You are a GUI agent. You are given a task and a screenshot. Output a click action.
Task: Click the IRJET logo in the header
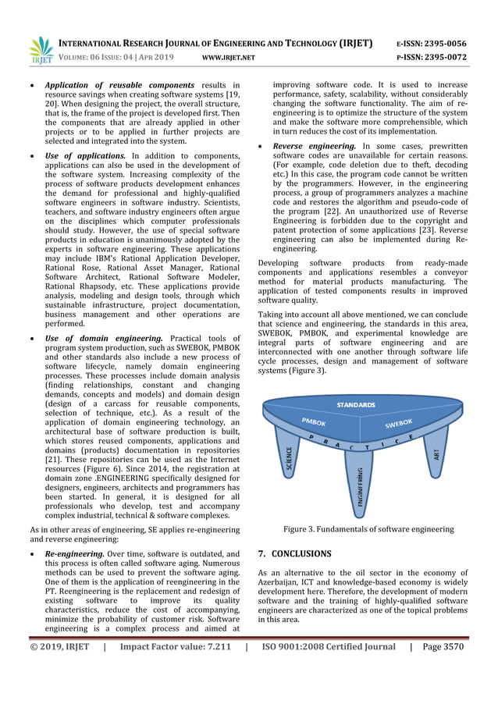(41, 49)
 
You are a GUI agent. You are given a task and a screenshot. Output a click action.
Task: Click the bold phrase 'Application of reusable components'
(119, 85)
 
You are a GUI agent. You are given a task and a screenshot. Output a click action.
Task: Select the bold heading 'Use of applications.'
(86, 156)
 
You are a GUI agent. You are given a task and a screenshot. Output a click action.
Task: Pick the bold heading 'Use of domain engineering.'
(104, 338)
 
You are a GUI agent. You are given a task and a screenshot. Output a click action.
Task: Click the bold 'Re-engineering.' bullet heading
(75, 553)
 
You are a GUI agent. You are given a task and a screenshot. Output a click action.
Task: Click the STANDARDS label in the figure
(356, 405)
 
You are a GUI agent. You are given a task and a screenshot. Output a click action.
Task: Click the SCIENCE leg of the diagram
(288, 461)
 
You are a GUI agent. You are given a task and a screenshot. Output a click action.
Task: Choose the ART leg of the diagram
(436, 452)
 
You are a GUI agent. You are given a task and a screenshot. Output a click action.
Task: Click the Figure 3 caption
(368, 529)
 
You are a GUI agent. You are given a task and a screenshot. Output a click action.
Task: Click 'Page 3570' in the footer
(443, 646)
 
